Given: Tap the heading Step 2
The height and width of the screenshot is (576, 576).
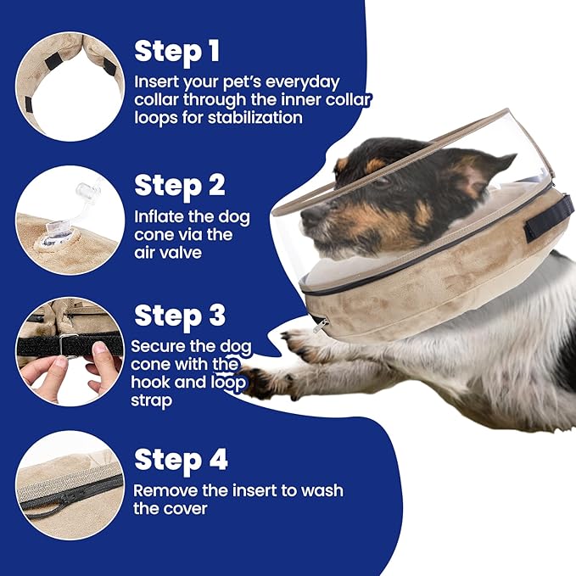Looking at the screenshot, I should coord(181,184).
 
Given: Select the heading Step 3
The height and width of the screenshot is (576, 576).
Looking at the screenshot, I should coord(180,316).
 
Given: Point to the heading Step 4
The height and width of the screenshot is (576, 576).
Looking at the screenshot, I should coord(181,460).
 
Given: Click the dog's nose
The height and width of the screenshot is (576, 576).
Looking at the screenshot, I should coord(307,216).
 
